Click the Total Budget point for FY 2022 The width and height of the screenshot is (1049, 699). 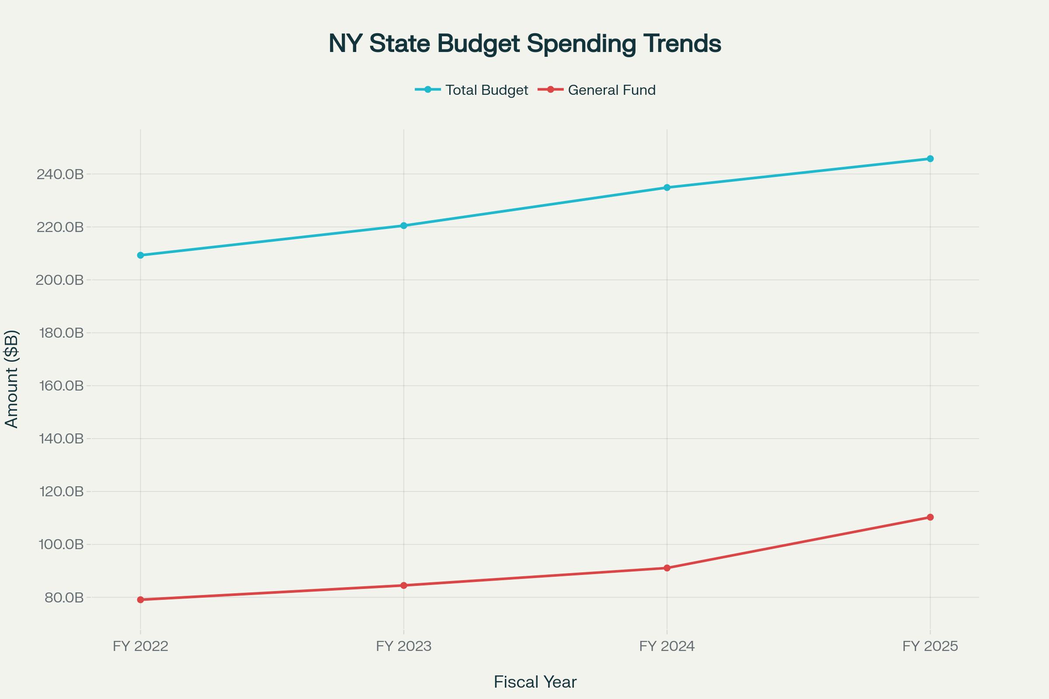point(140,255)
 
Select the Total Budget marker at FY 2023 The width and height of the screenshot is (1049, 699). point(403,225)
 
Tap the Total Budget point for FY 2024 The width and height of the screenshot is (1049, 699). point(667,187)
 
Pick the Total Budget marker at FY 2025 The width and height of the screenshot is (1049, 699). point(930,159)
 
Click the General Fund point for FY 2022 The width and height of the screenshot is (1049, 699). point(140,599)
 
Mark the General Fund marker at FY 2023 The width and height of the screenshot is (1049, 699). point(403,585)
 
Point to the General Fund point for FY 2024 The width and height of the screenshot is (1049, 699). point(667,568)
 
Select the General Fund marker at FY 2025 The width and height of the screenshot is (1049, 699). point(930,517)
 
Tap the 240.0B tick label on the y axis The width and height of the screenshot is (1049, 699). point(60,174)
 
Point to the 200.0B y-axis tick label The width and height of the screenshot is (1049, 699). point(60,280)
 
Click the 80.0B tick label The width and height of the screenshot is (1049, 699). point(64,597)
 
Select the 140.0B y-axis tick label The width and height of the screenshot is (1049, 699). point(62,439)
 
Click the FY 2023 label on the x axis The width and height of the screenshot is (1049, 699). point(403,646)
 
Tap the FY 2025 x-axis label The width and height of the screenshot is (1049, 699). point(930,646)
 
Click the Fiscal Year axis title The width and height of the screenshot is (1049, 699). point(535,682)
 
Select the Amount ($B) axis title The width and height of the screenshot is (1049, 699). point(12,379)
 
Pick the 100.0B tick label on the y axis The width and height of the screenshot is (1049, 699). point(62,544)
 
